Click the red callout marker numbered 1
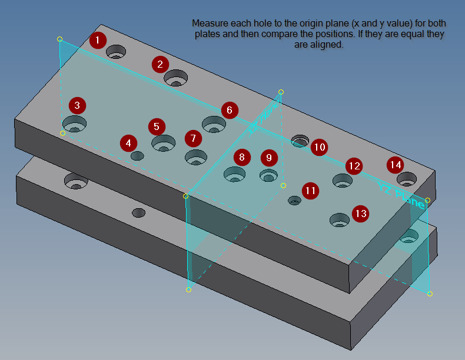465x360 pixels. click(98, 40)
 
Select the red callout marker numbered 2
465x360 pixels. click(160, 64)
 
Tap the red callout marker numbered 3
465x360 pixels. click(77, 106)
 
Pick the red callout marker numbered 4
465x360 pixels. click(129, 143)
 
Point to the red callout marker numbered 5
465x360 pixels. click(157, 126)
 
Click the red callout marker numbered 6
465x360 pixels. click(230, 110)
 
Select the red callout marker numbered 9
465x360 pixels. click(269, 158)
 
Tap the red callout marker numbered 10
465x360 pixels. click(318, 147)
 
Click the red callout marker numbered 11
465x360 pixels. click(310, 191)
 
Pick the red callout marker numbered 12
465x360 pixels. click(354, 166)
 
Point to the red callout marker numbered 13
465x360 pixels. click(360, 213)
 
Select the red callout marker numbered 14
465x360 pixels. click(395, 165)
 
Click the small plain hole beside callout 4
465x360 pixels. click(138, 156)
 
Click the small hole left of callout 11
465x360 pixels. click(294, 201)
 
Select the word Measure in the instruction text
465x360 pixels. click(208, 24)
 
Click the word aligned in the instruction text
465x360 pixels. click(330, 44)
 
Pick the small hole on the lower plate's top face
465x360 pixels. click(139, 212)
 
